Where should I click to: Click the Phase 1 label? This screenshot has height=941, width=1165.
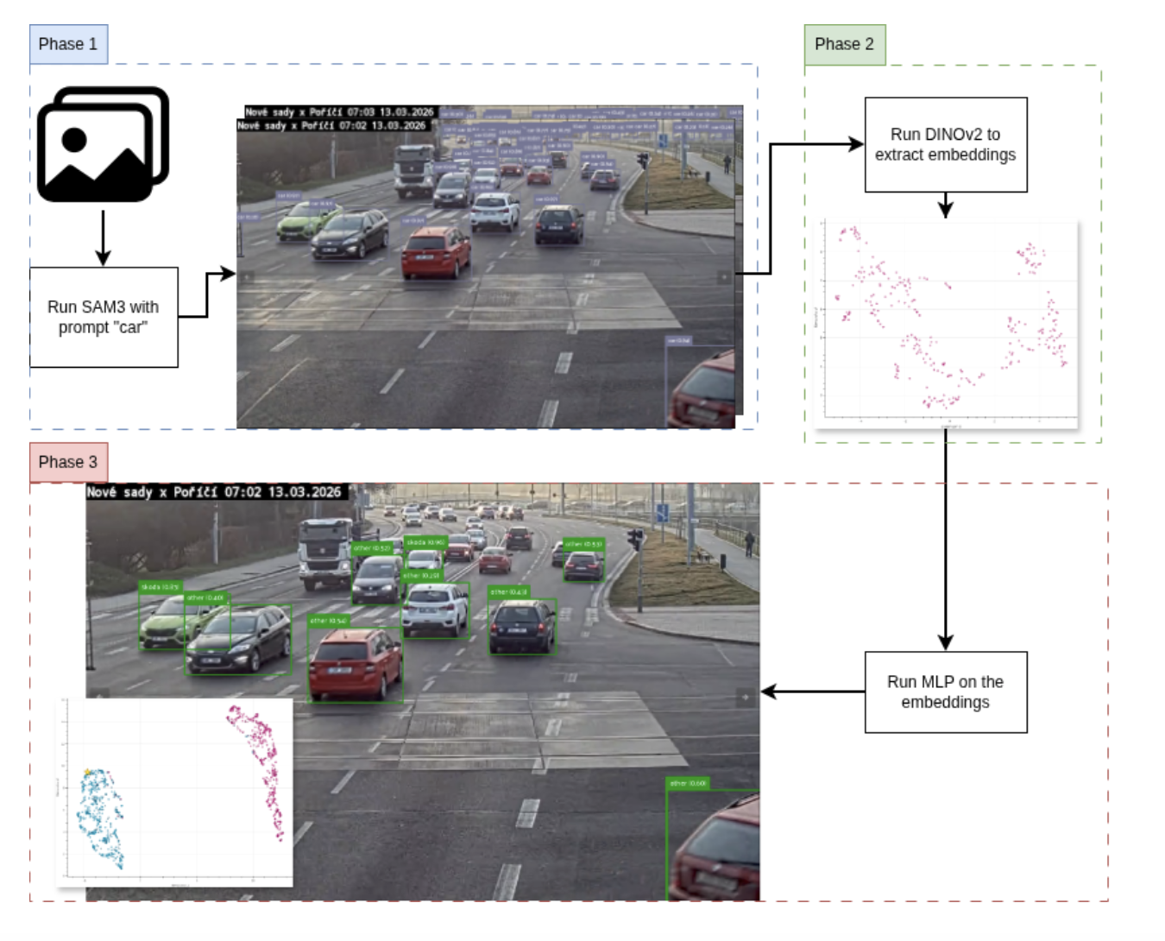68,44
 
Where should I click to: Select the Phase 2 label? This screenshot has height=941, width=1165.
844,44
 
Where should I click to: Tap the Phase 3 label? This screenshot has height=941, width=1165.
68,462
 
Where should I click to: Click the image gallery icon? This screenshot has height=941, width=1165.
103,144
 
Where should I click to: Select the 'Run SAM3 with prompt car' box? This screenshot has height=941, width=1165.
104,317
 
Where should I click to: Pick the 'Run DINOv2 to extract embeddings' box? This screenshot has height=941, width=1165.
945,144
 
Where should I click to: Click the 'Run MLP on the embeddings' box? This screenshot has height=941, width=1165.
945,692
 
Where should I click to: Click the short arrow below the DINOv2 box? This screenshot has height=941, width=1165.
945,205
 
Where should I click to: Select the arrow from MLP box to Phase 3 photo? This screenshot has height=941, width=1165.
811,692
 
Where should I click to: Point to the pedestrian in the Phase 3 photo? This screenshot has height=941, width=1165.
749,543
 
